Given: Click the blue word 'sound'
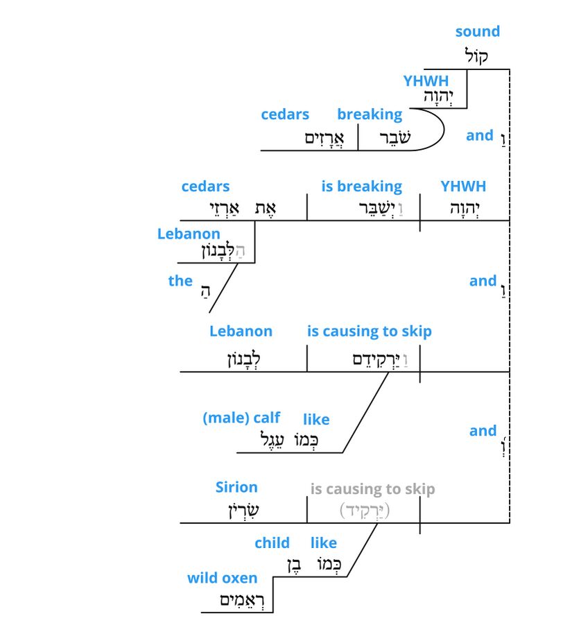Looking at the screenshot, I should [x=477, y=31].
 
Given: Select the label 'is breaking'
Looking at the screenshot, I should [x=361, y=186].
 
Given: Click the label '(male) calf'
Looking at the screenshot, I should [x=241, y=418].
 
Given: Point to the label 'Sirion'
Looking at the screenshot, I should [x=236, y=487].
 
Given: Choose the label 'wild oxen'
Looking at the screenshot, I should [x=222, y=578].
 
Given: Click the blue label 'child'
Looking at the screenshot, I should [x=272, y=542].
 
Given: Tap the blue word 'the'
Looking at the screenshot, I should [x=180, y=280].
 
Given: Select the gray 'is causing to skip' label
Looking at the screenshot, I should [x=372, y=489].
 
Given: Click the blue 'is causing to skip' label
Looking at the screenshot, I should [x=369, y=331].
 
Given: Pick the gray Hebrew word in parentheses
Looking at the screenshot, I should [x=365, y=511].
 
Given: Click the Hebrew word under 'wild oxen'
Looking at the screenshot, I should [x=237, y=600].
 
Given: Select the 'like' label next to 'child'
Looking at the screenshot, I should [x=324, y=542].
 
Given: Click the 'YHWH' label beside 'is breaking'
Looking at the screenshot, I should [x=463, y=186].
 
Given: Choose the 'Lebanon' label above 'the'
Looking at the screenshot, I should [x=189, y=234].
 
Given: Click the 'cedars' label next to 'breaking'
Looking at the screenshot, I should [x=285, y=114].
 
